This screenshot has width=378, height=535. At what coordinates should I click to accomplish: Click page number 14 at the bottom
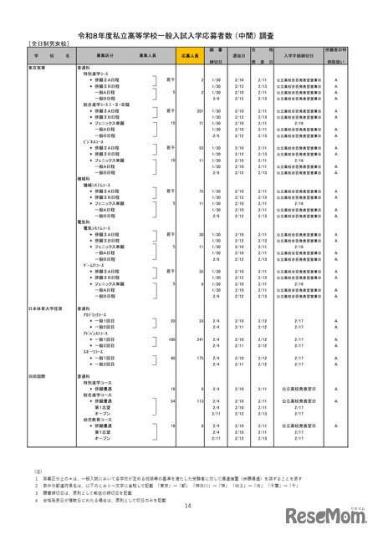(188, 504)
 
